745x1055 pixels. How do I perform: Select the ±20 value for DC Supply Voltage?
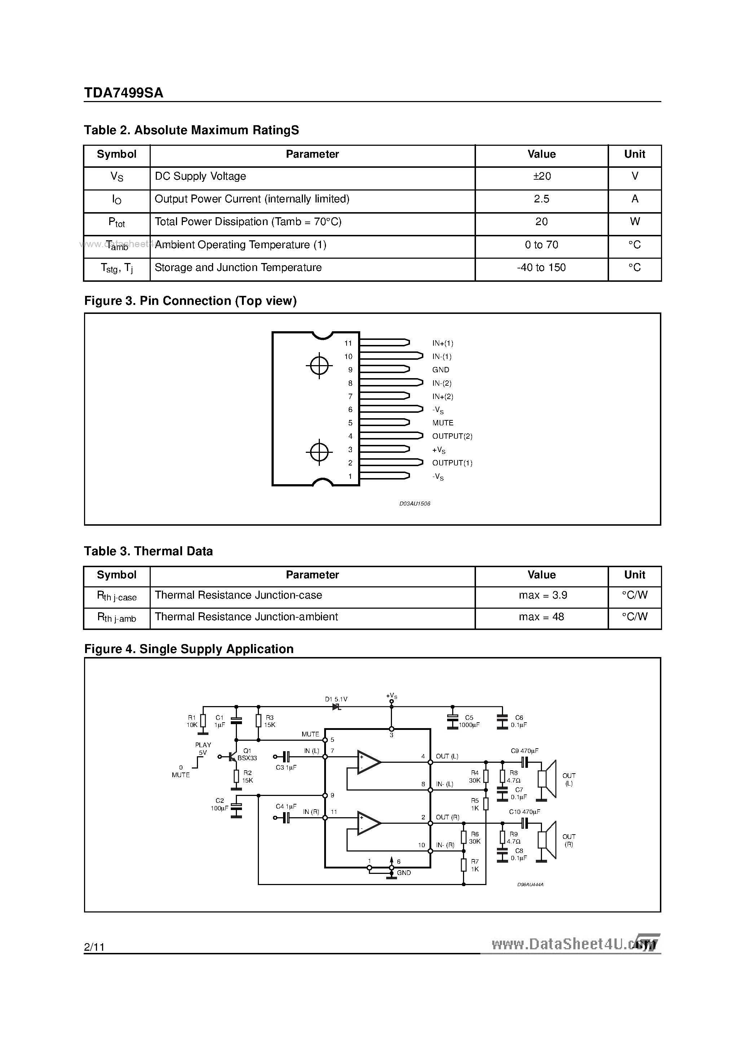point(542,176)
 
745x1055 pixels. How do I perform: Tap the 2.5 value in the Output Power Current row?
point(542,199)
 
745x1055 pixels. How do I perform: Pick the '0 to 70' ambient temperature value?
point(542,245)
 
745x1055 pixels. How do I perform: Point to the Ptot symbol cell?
point(117,223)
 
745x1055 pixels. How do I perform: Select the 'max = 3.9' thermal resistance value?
point(542,595)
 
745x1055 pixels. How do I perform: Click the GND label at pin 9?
point(441,370)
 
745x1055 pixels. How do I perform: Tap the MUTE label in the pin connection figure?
point(442,423)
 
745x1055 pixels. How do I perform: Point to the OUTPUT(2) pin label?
point(452,437)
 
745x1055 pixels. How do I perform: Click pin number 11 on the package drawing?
point(348,343)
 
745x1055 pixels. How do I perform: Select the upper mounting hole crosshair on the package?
point(319,366)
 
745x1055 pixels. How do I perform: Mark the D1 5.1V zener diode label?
point(336,699)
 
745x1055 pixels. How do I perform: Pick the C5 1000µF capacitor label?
point(469,721)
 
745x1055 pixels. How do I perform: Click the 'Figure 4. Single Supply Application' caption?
point(189,649)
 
